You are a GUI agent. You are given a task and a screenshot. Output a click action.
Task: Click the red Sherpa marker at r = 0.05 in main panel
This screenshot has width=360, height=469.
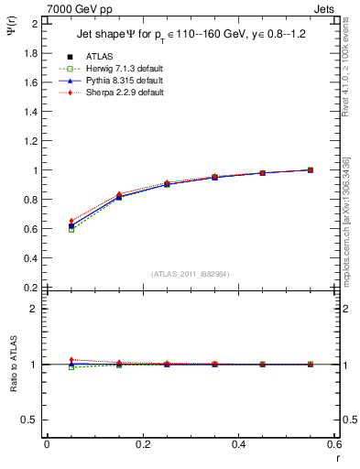point(71,221)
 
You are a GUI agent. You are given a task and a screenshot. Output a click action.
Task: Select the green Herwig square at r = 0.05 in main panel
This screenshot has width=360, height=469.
point(71,230)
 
